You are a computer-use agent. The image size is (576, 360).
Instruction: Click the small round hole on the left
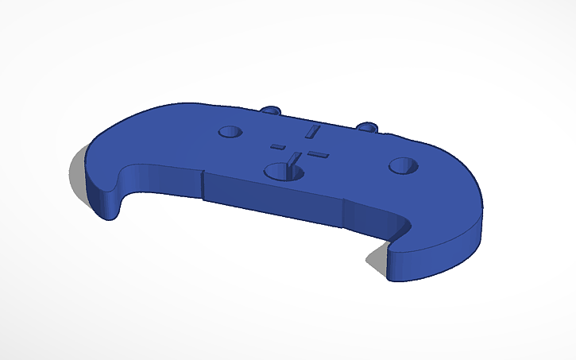[230, 131]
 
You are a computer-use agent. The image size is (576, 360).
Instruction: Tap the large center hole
[281, 171]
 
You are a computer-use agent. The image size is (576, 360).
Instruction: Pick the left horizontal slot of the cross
[278, 146]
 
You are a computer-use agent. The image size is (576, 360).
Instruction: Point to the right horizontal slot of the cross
[316, 153]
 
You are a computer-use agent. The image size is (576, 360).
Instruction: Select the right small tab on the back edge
[368, 126]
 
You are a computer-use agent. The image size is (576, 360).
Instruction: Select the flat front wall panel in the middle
[274, 199]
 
